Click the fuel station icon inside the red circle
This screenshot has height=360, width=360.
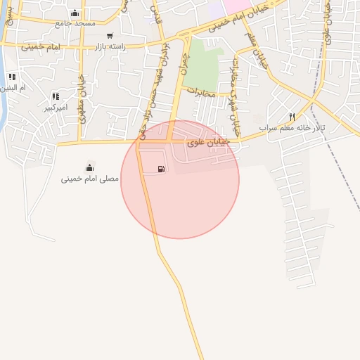(162, 169)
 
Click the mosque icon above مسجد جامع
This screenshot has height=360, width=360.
(75, 13)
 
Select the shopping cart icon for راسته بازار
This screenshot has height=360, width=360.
(109, 35)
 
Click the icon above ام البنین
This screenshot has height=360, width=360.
(12, 76)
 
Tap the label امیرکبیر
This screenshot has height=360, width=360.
(56, 108)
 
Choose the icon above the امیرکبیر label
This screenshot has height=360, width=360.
(55, 96)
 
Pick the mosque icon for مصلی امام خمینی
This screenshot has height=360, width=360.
(89, 167)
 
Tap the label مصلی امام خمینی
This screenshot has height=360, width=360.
(89, 179)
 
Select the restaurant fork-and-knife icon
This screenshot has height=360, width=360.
(292, 117)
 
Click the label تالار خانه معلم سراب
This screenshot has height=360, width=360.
(301, 128)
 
